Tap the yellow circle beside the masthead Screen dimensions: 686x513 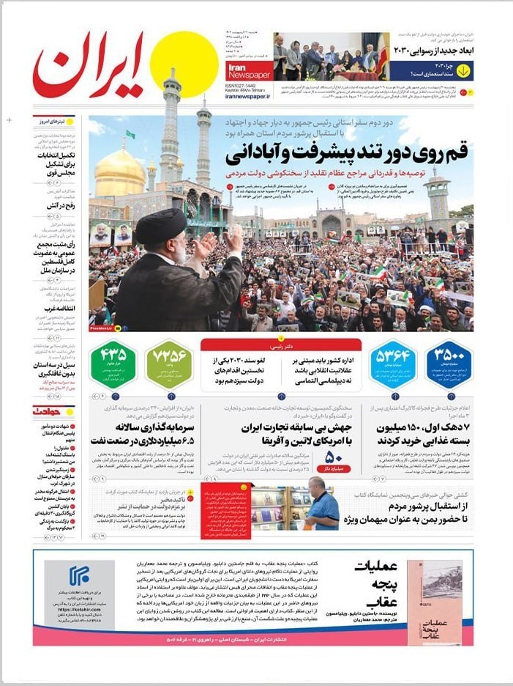[x=184, y=64]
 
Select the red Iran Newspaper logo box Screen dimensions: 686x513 [x=247, y=70]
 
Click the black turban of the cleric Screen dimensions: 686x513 [x=162, y=226]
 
